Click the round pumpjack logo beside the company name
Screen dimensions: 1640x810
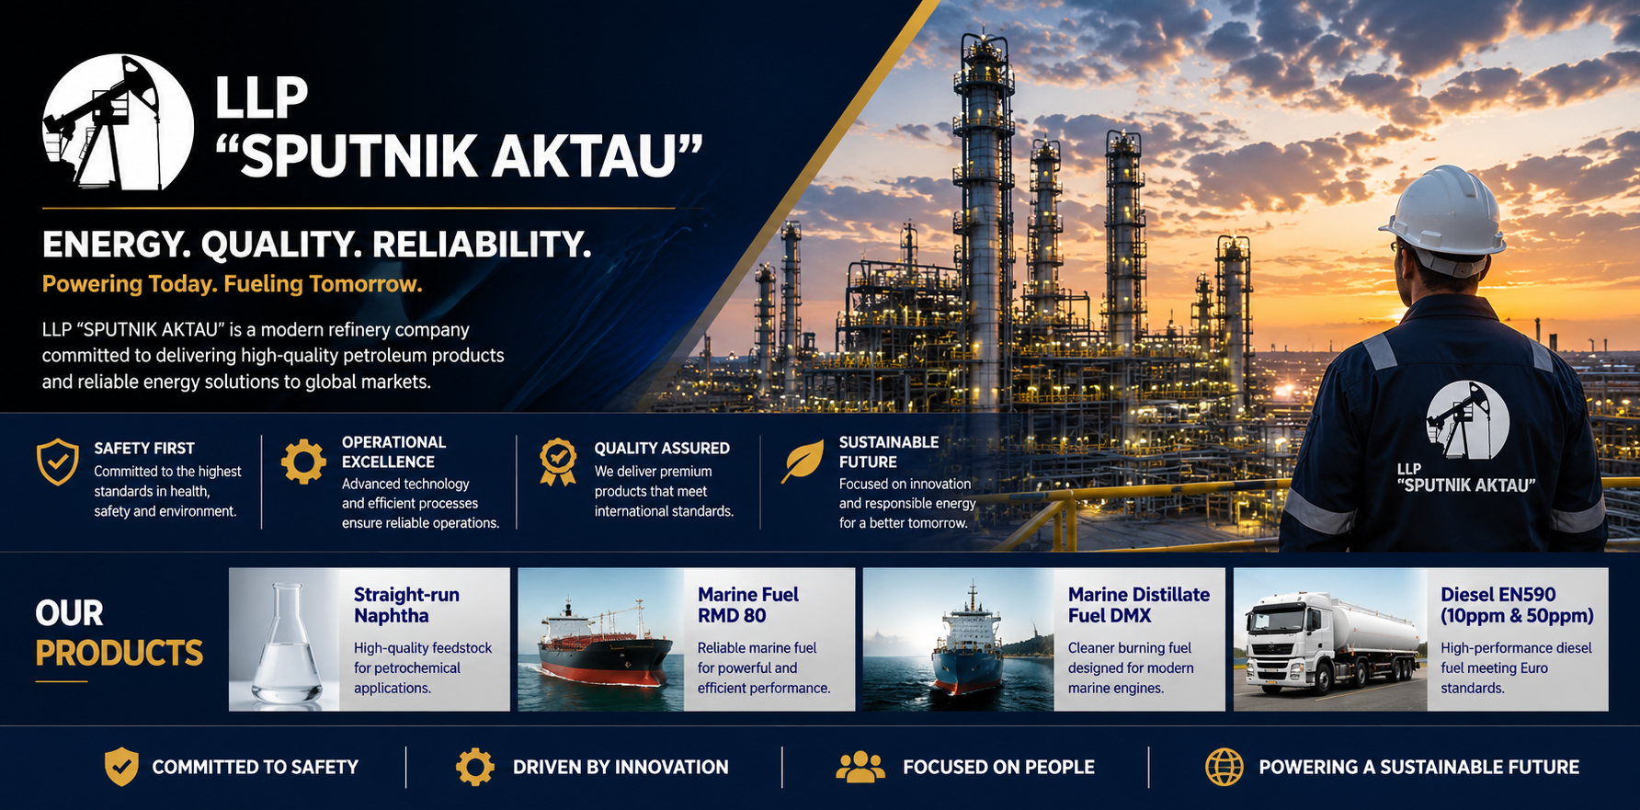(118, 122)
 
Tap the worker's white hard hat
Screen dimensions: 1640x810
(1443, 212)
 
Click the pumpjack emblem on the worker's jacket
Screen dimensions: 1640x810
(1467, 420)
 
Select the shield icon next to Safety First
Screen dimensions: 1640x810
(57, 462)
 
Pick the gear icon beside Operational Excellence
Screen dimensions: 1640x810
(303, 462)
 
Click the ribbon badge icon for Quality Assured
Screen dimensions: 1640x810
(558, 462)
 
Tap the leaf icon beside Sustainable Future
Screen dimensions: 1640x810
(803, 461)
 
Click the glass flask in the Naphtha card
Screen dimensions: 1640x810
(287, 643)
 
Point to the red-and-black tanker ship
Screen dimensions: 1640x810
(602, 649)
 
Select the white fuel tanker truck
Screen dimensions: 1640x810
(1332, 642)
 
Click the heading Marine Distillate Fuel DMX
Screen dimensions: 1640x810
(1139, 605)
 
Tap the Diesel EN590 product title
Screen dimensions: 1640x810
(1517, 605)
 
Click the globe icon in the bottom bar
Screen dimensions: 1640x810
(1224, 767)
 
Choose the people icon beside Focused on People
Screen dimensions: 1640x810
(860, 767)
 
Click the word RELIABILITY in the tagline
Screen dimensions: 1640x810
(482, 245)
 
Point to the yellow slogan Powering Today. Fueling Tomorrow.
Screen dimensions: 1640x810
(233, 284)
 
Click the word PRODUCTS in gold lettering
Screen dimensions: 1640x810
(120, 653)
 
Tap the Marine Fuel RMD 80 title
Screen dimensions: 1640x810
(748, 605)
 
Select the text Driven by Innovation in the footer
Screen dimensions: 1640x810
(621, 767)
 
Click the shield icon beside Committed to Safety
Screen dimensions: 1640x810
(121, 767)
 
